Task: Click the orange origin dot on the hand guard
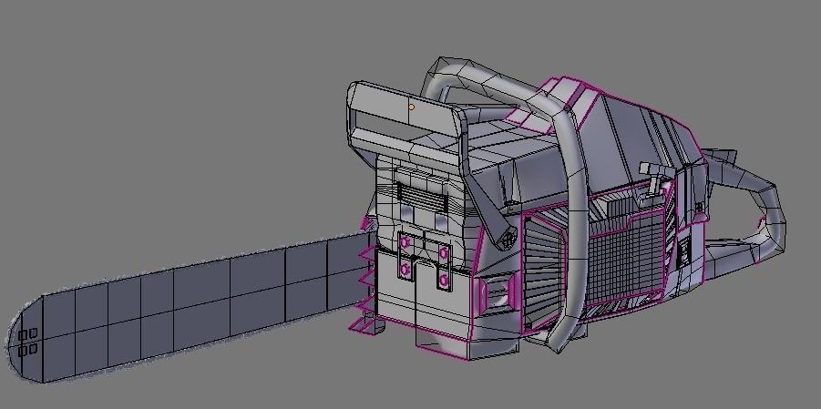[411, 107]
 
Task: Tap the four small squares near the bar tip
[27, 343]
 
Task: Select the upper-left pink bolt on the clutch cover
[405, 240]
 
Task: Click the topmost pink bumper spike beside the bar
[366, 224]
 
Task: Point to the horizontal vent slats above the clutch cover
[420, 194]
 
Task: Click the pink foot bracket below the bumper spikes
[364, 324]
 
